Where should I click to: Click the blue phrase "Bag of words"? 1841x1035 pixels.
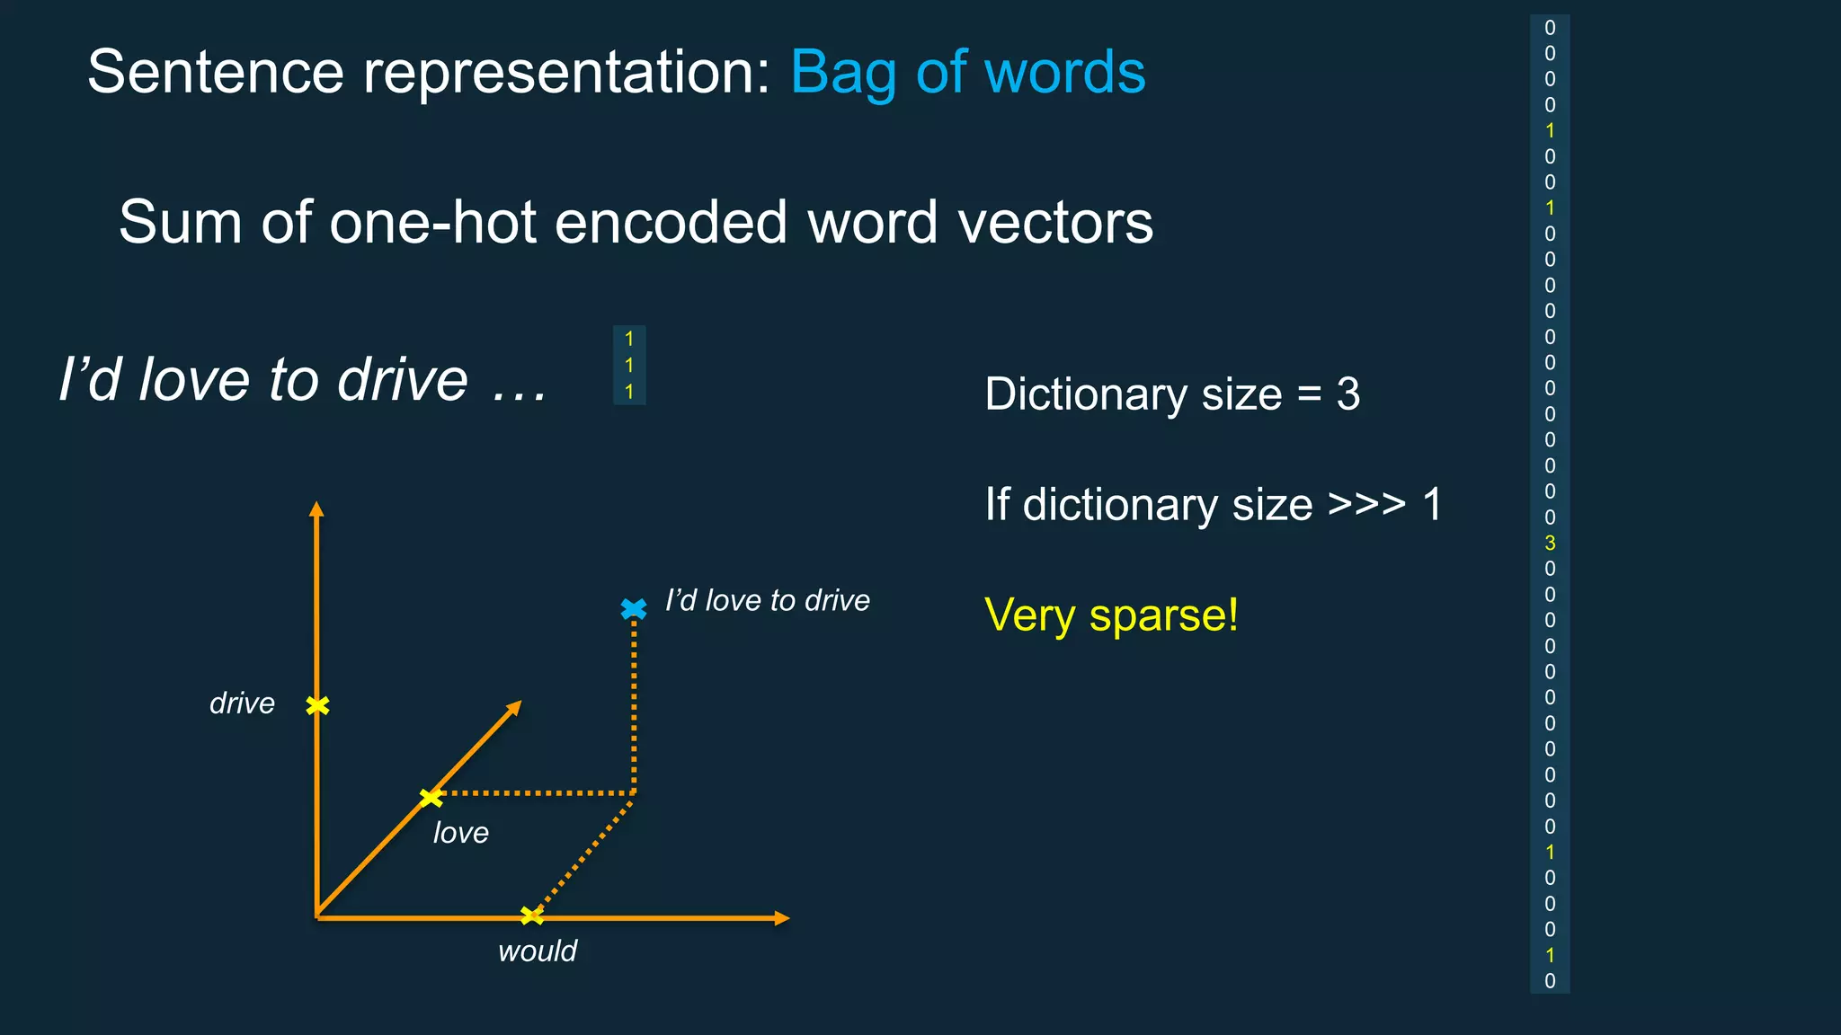(x=967, y=72)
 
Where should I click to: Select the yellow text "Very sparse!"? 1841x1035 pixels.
(x=1111, y=615)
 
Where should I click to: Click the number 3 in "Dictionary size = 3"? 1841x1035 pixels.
(x=1347, y=394)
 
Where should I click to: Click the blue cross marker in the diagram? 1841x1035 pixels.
(x=634, y=609)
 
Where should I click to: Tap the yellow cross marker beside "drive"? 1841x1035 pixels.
(x=317, y=706)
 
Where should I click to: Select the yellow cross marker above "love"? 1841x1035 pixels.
(x=431, y=797)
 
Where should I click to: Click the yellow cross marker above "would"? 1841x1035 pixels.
(x=532, y=916)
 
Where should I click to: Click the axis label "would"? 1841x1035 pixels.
(x=538, y=951)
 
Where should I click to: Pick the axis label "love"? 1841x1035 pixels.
(x=461, y=833)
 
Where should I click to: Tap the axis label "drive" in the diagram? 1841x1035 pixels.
(x=242, y=703)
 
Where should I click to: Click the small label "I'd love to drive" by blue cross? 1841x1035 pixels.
(x=767, y=600)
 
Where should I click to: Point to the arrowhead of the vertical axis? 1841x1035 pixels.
(x=316, y=509)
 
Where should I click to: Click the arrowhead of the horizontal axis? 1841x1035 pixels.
(x=782, y=918)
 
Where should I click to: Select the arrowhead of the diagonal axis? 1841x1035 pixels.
(x=514, y=708)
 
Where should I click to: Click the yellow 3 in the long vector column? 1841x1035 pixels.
(x=1550, y=543)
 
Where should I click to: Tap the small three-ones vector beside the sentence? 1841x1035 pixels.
(x=629, y=365)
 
